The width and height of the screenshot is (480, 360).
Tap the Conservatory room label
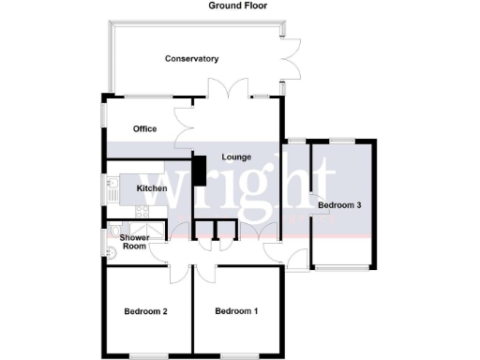click(x=191, y=59)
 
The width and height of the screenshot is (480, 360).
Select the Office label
click(x=144, y=128)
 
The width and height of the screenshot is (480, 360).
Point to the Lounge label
click(x=236, y=157)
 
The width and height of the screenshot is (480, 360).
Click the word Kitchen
click(x=152, y=188)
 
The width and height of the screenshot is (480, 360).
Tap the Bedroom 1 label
click(x=236, y=310)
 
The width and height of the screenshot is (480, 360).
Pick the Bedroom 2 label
click(x=145, y=310)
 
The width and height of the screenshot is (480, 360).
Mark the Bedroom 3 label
click(x=339, y=204)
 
